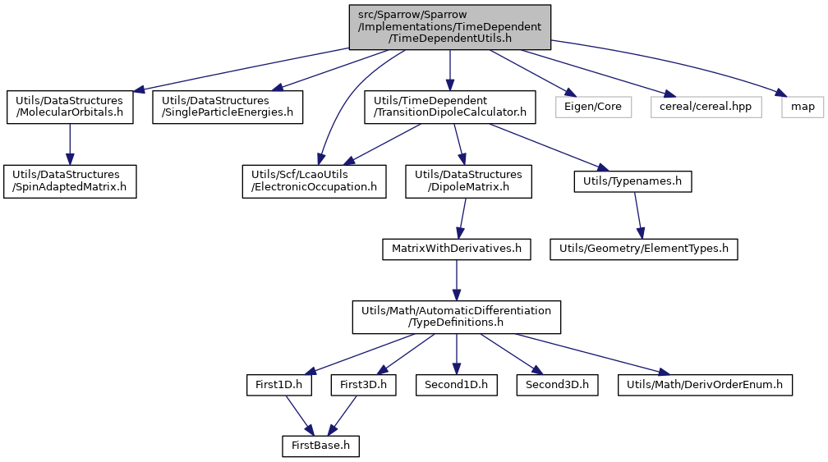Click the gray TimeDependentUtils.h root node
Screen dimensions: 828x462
click(450, 27)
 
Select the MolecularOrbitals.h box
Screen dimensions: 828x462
click(70, 107)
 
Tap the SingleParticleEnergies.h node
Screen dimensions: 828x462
click(228, 107)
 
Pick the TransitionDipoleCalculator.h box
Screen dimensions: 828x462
click(450, 107)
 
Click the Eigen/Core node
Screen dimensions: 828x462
click(593, 107)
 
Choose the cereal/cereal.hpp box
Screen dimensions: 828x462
click(706, 107)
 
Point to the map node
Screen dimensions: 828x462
click(803, 107)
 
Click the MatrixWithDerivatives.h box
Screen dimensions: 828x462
click(457, 249)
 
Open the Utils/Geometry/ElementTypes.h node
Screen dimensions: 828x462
click(644, 249)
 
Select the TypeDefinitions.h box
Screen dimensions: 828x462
click(456, 317)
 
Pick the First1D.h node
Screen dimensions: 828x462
click(278, 385)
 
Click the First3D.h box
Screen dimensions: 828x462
click(363, 385)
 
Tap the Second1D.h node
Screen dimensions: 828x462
click(456, 385)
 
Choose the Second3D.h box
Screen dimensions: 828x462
click(558, 385)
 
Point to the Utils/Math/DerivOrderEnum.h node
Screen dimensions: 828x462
click(705, 385)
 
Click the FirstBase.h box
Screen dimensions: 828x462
click(320, 446)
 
